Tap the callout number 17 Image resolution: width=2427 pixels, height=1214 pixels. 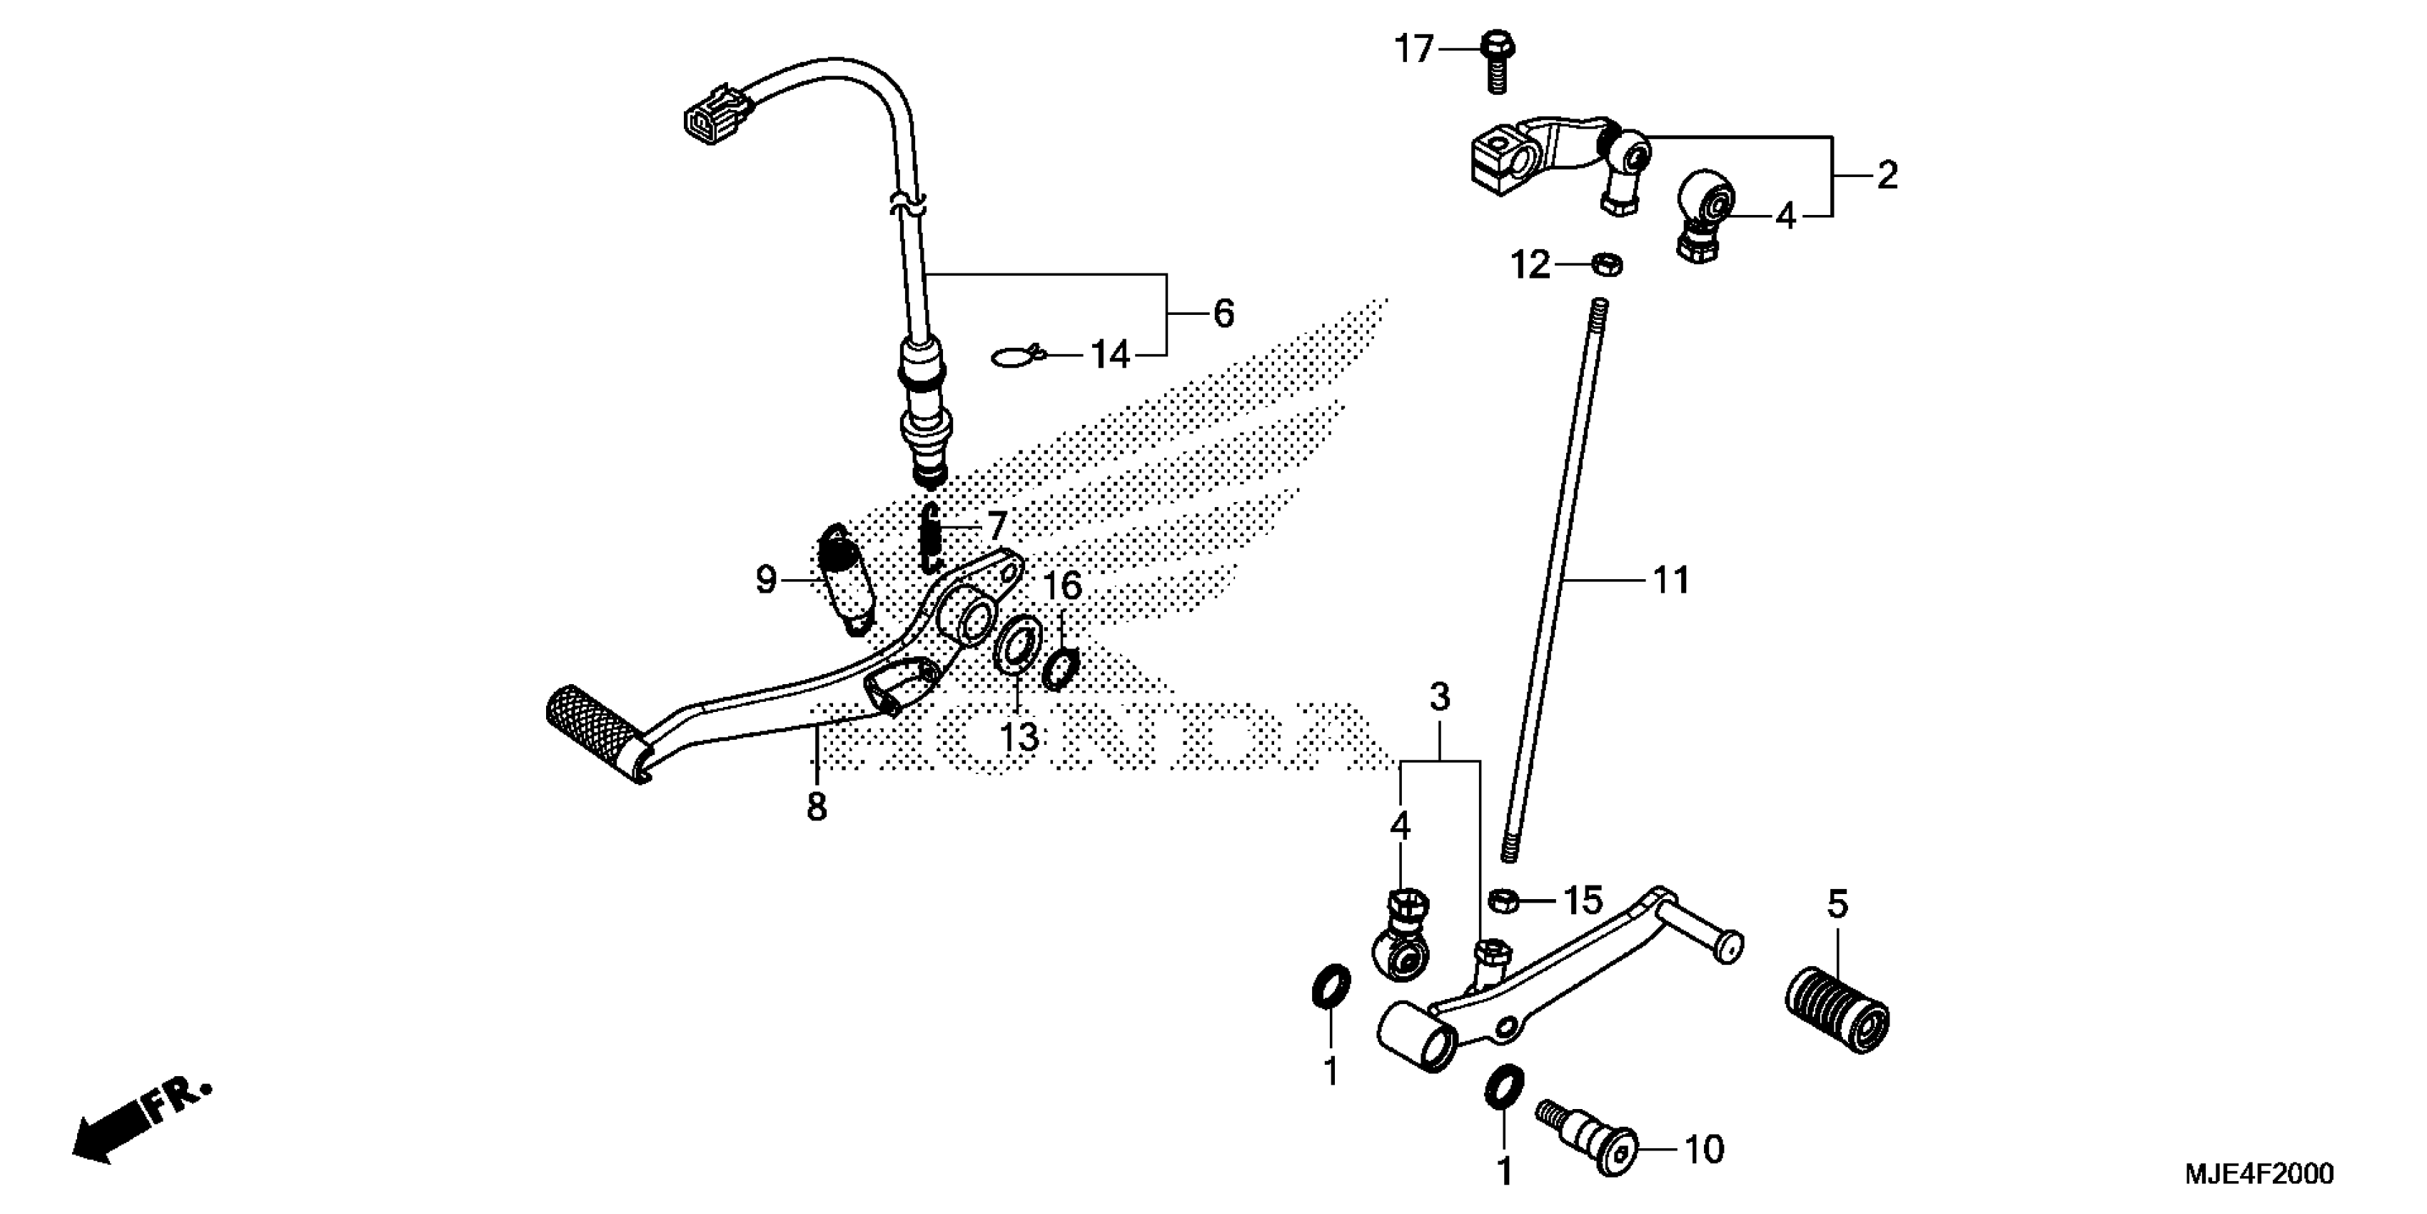pos(1413,49)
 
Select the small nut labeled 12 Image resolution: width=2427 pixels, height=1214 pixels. pos(1605,265)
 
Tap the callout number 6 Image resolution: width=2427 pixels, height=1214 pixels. pos(1223,313)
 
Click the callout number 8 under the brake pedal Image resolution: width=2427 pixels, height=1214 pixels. pos(816,807)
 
